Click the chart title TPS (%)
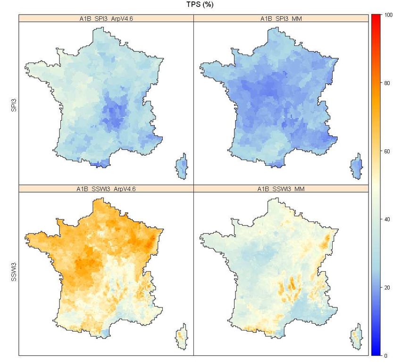pyautogui.click(x=200, y=5)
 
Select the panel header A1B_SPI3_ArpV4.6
pyautogui.click(x=107, y=19)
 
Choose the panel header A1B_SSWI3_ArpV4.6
pyautogui.click(x=107, y=189)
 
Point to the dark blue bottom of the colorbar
pyautogui.click(x=376, y=351)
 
